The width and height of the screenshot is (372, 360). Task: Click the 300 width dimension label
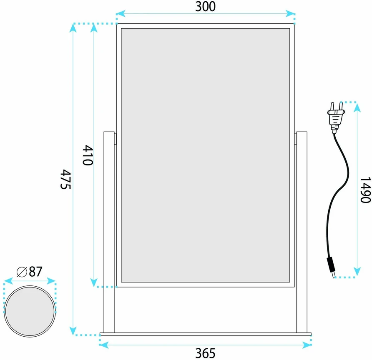[x=206, y=7]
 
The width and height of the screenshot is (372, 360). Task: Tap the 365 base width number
[x=206, y=353]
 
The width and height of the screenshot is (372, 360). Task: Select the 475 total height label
[x=66, y=179]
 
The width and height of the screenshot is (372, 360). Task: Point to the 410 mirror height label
[x=88, y=155]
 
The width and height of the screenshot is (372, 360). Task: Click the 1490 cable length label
[x=365, y=190]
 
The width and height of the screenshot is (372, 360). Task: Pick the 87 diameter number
[x=35, y=272]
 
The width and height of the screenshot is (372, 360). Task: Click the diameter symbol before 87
[x=22, y=272]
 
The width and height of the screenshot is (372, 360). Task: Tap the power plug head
[x=336, y=117]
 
